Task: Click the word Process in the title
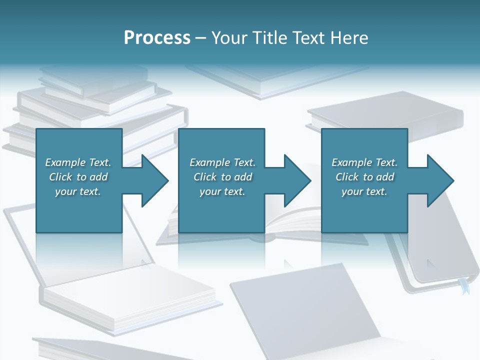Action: (x=157, y=38)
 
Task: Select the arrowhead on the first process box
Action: (x=152, y=180)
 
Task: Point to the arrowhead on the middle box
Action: (x=295, y=180)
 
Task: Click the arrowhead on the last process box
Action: (x=438, y=180)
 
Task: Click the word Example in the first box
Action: (x=65, y=162)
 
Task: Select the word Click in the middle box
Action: (x=204, y=177)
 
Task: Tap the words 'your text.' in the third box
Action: (x=364, y=191)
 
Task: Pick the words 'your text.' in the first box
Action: (x=77, y=191)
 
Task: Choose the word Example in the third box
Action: (x=351, y=162)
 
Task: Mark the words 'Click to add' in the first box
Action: (x=78, y=177)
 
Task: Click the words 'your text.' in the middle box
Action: (x=222, y=191)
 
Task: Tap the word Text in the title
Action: (x=308, y=38)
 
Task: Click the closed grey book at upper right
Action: (x=385, y=117)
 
